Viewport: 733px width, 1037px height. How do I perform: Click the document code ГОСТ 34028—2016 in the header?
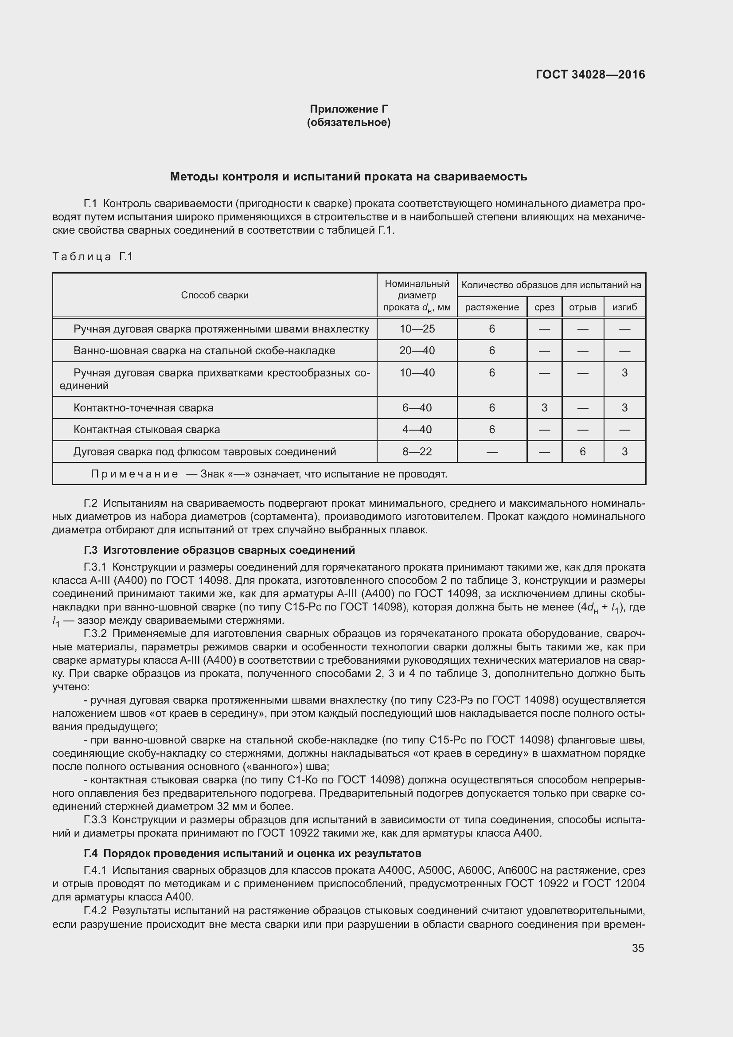[590, 74]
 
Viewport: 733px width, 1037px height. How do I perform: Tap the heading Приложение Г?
[348, 109]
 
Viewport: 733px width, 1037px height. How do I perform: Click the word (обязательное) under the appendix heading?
[348, 122]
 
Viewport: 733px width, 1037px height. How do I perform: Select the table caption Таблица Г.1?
[93, 257]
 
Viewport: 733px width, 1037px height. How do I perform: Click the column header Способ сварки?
[214, 295]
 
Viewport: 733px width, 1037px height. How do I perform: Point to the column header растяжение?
[491, 307]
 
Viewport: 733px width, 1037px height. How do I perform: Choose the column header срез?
[544, 307]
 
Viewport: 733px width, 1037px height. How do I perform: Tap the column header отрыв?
[582, 307]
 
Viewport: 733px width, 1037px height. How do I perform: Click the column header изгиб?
[624, 307]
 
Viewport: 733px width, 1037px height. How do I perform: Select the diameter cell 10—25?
[417, 329]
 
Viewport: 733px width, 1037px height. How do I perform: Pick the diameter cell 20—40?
[417, 351]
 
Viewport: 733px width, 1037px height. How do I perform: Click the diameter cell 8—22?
[417, 451]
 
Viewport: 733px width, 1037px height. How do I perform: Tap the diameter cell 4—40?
[417, 429]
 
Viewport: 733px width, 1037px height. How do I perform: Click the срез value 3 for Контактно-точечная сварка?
[544, 407]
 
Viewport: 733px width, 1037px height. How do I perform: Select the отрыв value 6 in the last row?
[582, 451]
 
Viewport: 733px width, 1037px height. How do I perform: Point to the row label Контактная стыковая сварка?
[147, 429]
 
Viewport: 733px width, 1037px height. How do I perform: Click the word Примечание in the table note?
[134, 474]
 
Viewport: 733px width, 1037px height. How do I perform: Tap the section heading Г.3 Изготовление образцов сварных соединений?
[219, 550]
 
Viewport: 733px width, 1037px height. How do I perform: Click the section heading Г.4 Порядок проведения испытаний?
[252, 853]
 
